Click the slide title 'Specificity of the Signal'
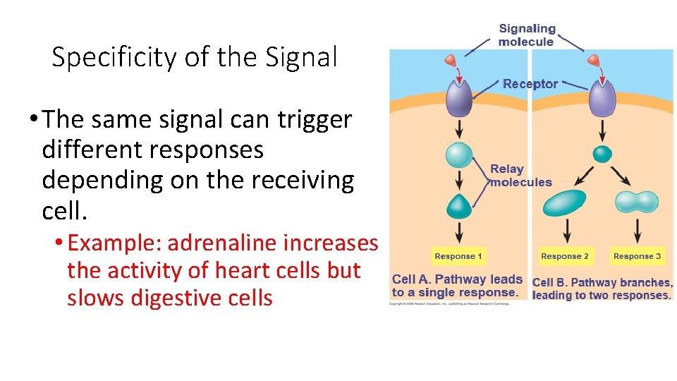tap(195, 57)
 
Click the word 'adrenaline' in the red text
tap(222, 243)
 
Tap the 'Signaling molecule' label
tap(526, 35)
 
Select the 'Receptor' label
tap(530, 84)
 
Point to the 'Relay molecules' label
tap(520, 176)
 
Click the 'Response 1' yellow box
tap(458, 256)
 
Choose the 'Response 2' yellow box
tap(564, 256)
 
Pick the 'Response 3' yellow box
tap(637, 256)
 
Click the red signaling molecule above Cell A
tap(451, 61)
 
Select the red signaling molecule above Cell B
tap(594, 61)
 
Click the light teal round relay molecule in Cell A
tap(459, 155)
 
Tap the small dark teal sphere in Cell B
tap(602, 154)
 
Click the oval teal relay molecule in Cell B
tap(564, 202)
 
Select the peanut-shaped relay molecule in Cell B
tap(637, 202)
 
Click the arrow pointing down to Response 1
tap(459, 232)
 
